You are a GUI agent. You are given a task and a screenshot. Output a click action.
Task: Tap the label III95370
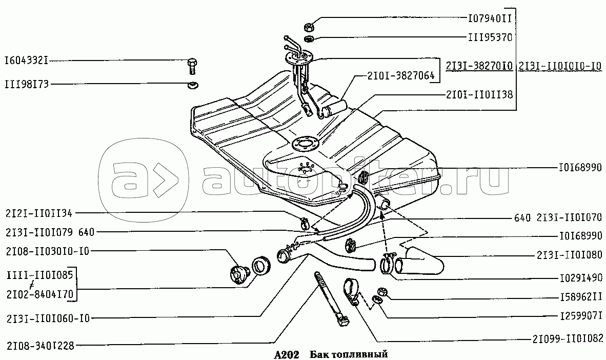(490, 38)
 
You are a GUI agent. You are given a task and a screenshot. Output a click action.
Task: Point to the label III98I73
(26, 84)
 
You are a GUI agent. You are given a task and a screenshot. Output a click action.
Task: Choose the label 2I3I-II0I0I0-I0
(560, 66)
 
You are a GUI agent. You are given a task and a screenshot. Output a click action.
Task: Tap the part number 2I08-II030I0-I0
(47, 251)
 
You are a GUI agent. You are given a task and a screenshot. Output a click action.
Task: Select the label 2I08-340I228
(40, 346)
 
